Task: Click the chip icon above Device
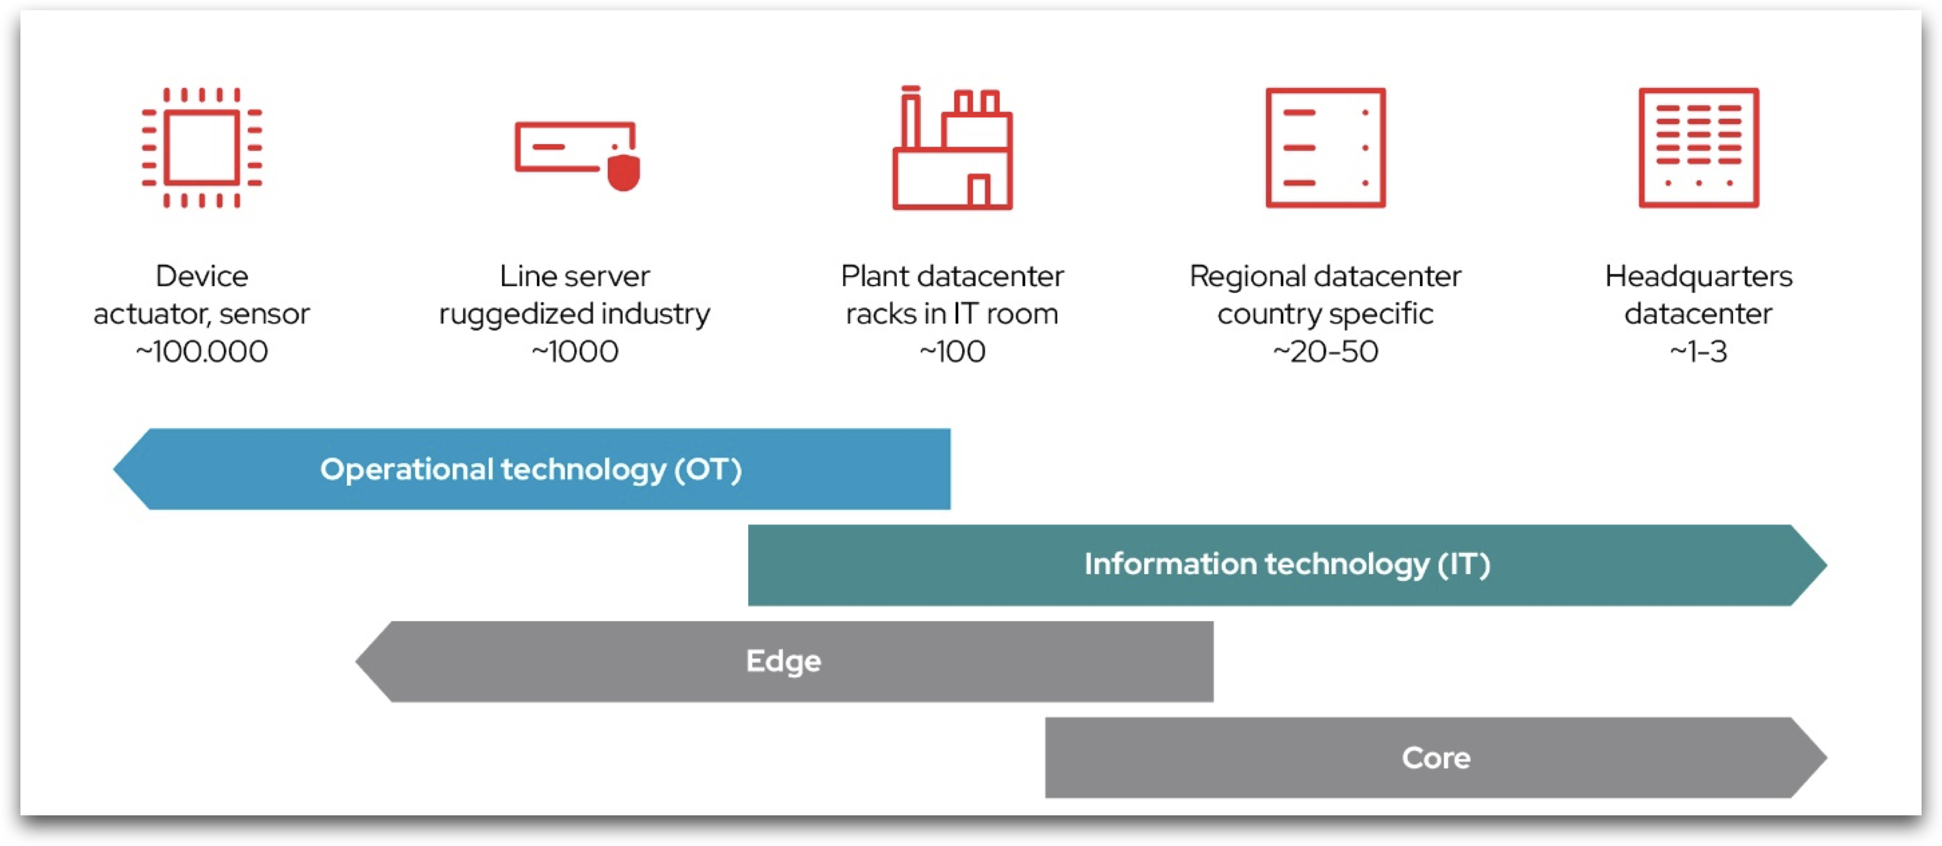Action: tap(202, 148)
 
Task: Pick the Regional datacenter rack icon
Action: tap(1325, 148)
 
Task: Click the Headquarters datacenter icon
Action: tap(1698, 148)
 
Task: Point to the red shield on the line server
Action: tap(624, 173)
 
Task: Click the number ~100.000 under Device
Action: tap(202, 352)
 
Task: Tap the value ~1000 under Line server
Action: tap(575, 352)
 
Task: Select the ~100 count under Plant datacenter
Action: tap(952, 352)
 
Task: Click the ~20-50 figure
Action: tap(1325, 352)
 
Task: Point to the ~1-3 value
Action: tap(1698, 352)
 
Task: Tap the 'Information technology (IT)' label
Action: tap(1287, 565)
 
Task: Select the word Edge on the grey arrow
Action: tap(783, 661)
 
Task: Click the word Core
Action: tap(1435, 758)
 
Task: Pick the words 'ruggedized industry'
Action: tap(575, 314)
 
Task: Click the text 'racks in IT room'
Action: tap(952, 314)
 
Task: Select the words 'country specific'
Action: tap(1325, 314)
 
